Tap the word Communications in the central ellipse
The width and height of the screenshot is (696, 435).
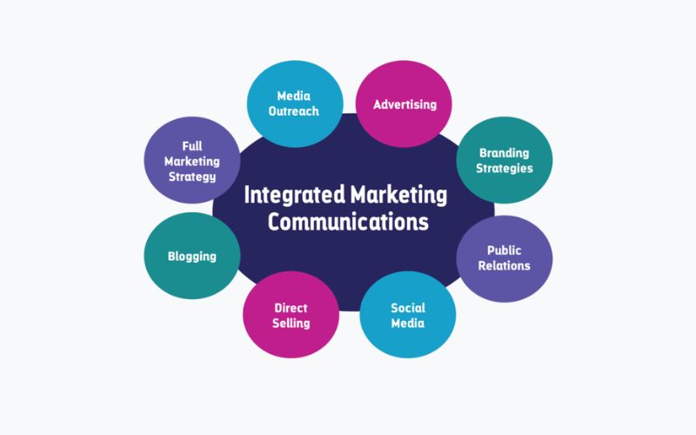pos(348,222)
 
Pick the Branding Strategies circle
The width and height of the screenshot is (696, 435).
pos(505,159)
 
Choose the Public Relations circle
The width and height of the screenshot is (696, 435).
pos(505,257)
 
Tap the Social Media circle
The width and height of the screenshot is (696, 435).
pos(407,314)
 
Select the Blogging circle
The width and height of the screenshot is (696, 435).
pos(191,257)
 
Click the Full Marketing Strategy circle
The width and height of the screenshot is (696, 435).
pos(191,161)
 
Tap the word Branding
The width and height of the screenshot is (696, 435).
pos(505,151)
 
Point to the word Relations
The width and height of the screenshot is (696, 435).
pos(505,265)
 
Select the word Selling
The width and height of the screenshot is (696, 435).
pos(291,323)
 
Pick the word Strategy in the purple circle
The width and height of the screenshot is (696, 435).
pos(191,177)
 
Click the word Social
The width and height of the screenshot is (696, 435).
pos(407,307)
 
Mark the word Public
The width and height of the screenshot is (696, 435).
pos(505,250)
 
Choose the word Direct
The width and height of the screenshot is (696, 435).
pos(291,307)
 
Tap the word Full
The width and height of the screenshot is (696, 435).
pos(191,145)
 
